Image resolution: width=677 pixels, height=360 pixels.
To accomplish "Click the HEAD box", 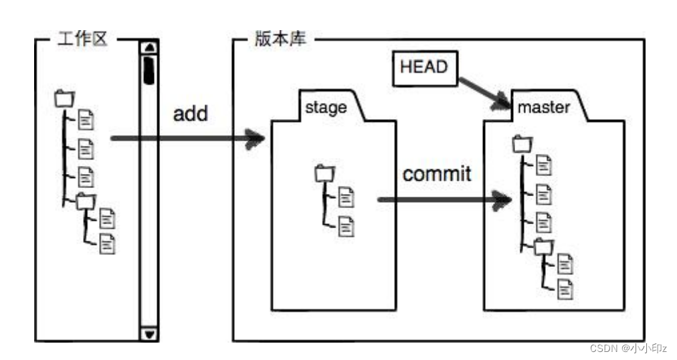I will click(x=423, y=68).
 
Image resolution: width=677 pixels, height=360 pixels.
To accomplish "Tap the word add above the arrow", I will click(x=191, y=113).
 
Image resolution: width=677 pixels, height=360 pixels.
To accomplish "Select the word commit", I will click(x=437, y=174).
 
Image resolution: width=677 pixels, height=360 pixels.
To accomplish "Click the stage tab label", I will click(x=326, y=107).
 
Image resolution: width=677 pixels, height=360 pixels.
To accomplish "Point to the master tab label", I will click(x=544, y=107).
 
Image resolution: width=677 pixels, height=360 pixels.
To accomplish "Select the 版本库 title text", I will click(x=281, y=39).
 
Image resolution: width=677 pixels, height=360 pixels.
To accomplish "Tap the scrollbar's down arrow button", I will click(x=149, y=333).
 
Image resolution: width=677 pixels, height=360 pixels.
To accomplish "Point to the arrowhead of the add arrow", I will click(x=255, y=139).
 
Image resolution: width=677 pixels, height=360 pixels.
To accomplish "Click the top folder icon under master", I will click(x=521, y=143).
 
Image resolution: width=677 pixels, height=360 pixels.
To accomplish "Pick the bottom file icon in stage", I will click(x=347, y=226).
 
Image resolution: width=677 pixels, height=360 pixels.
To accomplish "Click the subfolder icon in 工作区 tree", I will click(x=86, y=199).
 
